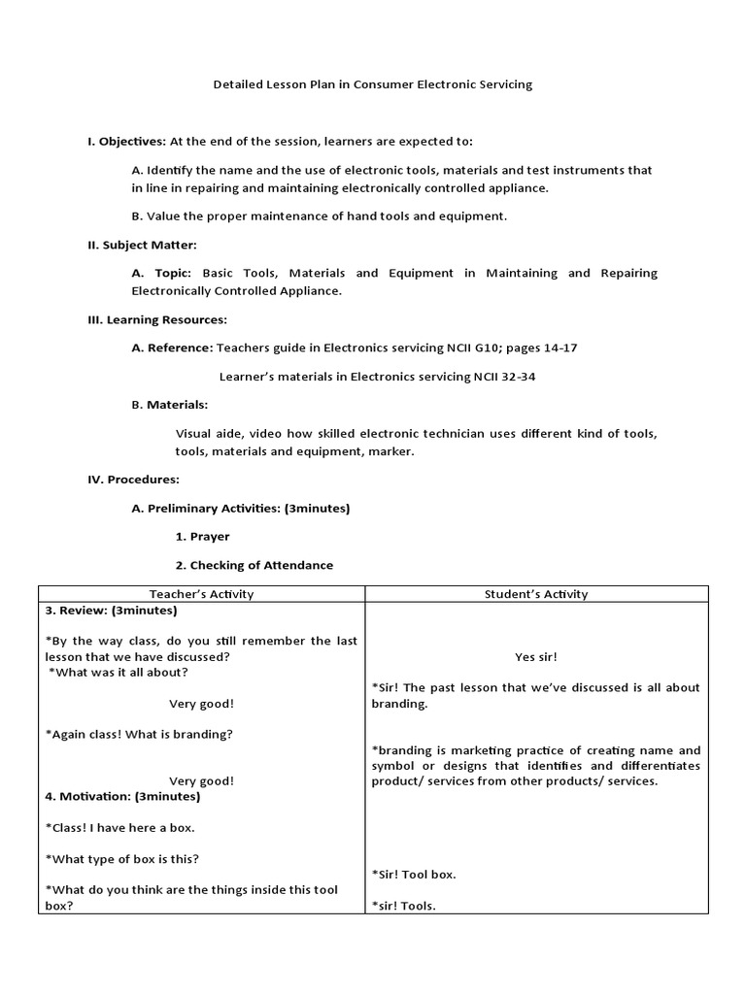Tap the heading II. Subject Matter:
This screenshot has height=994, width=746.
pos(142,245)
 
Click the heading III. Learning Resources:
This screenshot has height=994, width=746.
pos(157,319)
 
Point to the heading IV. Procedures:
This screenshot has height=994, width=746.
pos(133,480)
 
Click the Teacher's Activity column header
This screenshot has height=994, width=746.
pos(201,594)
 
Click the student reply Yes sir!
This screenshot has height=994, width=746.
pos(536,657)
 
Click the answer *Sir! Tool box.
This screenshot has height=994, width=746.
pos(414,875)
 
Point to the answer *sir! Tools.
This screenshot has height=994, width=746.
pos(404,907)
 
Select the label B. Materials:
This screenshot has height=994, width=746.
pos(169,404)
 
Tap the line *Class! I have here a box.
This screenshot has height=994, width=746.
pos(120,828)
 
